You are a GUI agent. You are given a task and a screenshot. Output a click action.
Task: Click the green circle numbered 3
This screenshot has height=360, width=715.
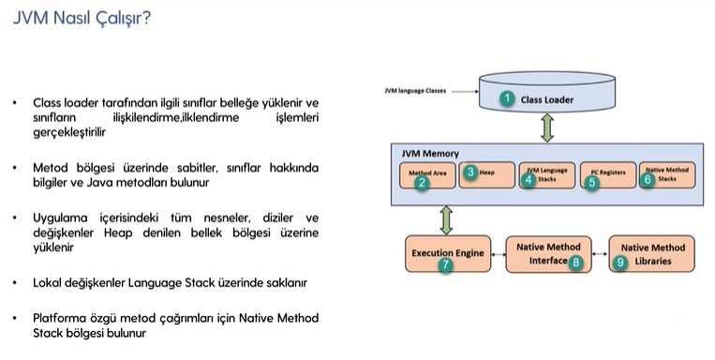click(x=472, y=172)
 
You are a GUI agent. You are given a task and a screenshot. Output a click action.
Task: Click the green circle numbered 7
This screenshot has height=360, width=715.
click(x=445, y=265)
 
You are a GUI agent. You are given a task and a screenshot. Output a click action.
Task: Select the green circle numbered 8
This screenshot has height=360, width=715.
click(x=576, y=263)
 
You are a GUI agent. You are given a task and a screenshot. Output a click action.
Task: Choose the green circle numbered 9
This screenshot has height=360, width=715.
click(x=620, y=263)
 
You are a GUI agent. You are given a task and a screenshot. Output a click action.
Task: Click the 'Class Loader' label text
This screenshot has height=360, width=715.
click(x=548, y=98)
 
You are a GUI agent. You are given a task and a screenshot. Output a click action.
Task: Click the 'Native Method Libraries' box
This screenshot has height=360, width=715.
click(x=652, y=253)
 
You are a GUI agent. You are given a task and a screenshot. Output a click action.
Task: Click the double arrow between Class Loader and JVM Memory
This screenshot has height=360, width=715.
click(x=546, y=127)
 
